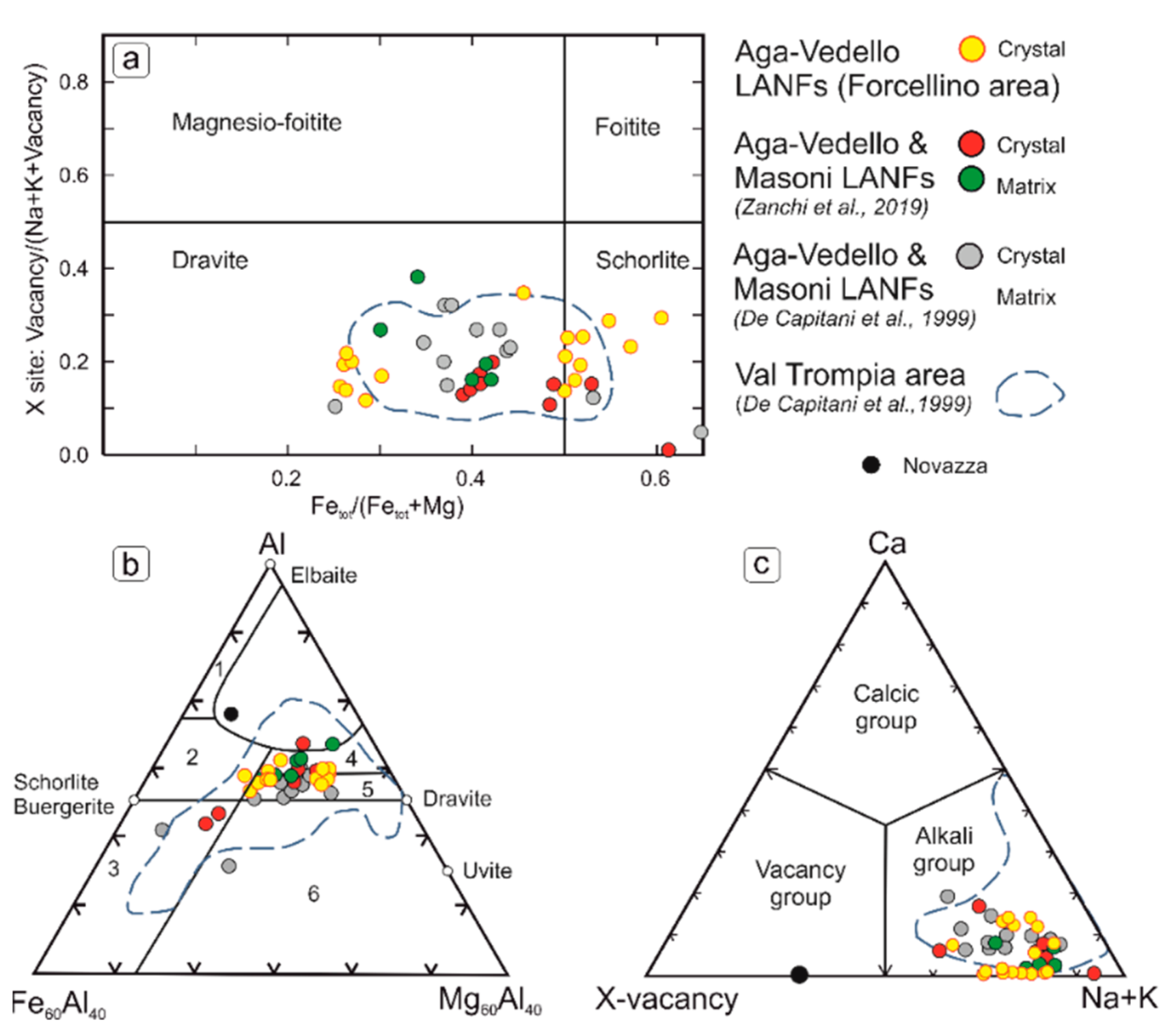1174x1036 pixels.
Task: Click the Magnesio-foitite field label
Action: (256, 122)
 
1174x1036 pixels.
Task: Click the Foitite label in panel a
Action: (627, 127)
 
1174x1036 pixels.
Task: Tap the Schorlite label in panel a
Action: (642, 260)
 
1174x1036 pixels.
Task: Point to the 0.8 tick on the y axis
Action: (74, 82)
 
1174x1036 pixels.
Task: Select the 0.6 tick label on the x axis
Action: (655, 479)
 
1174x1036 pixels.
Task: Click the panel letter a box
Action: (131, 60)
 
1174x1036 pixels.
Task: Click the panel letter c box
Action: (761, 564)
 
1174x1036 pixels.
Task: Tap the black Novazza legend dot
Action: (871, 465)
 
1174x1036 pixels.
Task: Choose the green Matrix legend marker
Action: (970, 179)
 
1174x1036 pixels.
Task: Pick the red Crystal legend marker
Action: (970, 144)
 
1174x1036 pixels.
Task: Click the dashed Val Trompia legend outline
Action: (1029, 394)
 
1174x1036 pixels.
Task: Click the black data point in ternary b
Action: (231, 714)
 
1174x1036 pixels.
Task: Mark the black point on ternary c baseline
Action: (799, 974)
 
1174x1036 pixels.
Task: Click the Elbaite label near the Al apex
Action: (323, 575)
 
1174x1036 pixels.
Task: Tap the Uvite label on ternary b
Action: (487, 870)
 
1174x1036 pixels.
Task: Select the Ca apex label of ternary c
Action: (886, 543)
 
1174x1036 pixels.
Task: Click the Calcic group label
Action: (886, 707)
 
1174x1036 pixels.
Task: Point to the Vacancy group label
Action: (800, 883)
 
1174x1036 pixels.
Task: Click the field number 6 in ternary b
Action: (313, 894)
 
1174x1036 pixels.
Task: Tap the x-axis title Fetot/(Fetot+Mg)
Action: (387, 507)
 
